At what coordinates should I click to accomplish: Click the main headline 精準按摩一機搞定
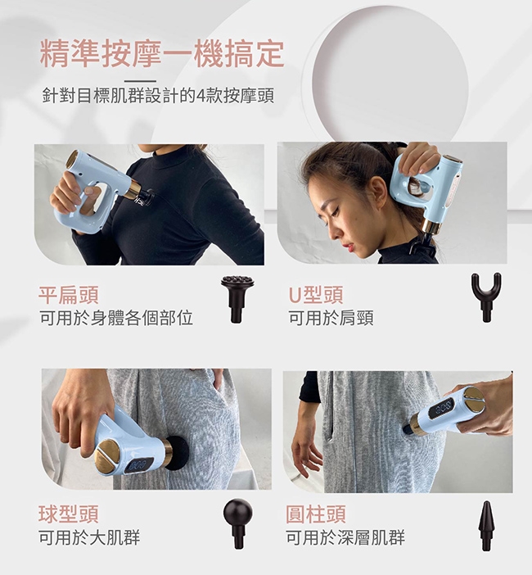[162, 55]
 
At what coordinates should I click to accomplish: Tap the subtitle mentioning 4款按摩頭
[158, 96]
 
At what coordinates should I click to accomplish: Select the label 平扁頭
[69, 295]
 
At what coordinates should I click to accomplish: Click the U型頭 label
[316, 295]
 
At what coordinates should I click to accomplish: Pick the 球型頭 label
[69, 514]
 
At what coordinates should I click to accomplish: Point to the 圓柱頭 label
[316, 514]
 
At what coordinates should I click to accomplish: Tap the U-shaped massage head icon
[486, 297]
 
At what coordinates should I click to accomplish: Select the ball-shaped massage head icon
[238, 523]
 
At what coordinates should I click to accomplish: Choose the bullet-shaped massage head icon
[486, 526]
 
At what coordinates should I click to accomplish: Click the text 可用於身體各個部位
[116, 318]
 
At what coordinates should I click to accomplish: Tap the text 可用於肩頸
[331, 318]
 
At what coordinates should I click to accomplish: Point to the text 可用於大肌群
[89, 537]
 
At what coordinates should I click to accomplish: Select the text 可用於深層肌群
[345, 537]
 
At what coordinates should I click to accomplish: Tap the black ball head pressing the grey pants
[178, 453]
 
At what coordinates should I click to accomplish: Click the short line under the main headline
[140, 81]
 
